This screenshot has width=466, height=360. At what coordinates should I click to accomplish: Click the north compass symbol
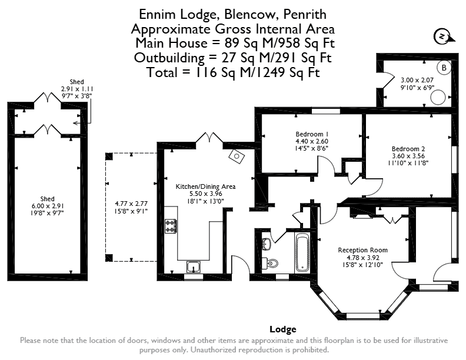point(444,37)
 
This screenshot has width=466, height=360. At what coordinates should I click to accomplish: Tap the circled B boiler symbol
point(444,68)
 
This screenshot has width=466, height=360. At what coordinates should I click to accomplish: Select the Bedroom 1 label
point(312,134)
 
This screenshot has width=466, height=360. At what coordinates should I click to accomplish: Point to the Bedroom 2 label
point(408,149)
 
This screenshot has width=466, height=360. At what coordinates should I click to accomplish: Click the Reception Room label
point(362,250)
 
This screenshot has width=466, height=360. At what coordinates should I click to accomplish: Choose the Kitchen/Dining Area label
point(206,186)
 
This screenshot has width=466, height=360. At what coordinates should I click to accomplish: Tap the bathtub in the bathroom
point(302,252)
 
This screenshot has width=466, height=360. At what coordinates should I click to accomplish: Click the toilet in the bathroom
point(271,263)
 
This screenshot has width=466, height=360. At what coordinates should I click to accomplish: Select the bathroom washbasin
point(267,244)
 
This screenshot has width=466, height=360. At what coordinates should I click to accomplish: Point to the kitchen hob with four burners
point(171,226)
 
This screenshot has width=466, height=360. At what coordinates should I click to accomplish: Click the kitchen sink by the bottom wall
point(194,267)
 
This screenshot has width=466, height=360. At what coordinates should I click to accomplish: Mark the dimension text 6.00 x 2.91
point(48,206)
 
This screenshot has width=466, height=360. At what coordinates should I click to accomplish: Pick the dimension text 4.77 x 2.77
point(131,204)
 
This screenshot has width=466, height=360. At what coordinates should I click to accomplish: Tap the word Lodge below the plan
point(283,329)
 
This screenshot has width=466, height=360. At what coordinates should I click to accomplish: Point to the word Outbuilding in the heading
point(169,58)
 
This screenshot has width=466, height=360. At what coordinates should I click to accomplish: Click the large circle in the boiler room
point(438,98)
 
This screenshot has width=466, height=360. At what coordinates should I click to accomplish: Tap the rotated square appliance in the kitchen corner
point(237,156)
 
